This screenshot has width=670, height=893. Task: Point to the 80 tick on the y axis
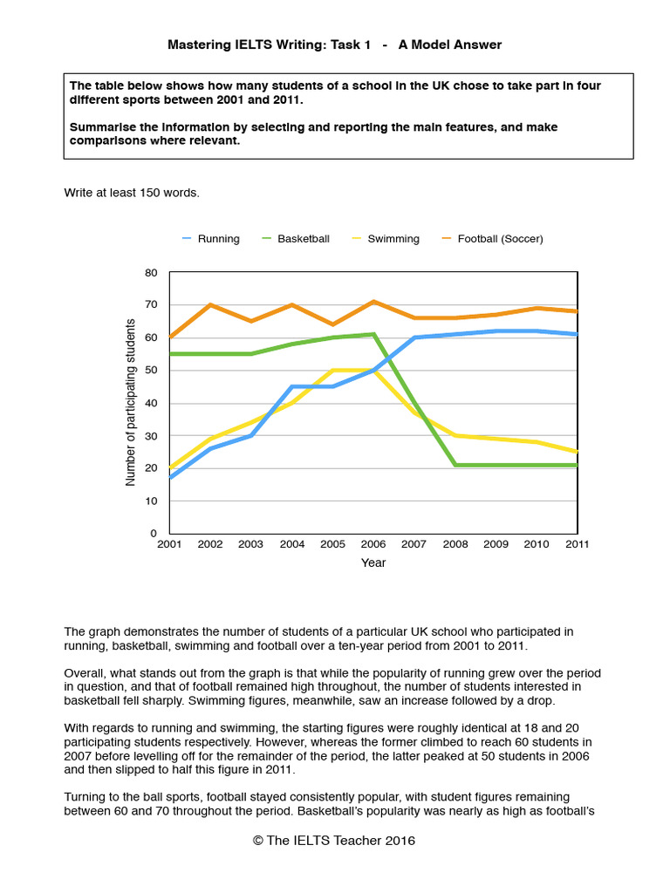coord(151,273)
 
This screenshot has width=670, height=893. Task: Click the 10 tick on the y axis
coord(151,501)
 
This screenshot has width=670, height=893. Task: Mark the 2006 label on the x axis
coord(373,544)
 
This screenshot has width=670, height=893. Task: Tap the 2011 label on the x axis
coord(577,544)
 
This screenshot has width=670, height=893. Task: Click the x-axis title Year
coord(373,563)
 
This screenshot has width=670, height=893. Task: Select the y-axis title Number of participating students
coord(131,403)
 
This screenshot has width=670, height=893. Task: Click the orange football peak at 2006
coord(373,302)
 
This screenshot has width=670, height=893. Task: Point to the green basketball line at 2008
coord(455,465)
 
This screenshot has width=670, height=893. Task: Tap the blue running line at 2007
coord(414,337)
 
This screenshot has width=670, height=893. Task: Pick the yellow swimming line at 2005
coord(332,371)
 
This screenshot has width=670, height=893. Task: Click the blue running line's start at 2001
coord(170,477)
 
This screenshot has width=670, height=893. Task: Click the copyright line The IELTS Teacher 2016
coord(334,841)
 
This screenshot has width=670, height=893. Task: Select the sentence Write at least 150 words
coord(132,193)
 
